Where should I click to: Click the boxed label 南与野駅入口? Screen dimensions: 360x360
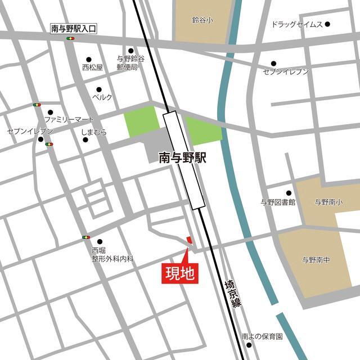coord(74,27)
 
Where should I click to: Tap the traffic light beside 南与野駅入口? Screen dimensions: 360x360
coord(71,38)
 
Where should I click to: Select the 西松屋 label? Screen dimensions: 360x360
coord(92,67)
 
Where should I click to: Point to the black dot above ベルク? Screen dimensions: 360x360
coord(99,89)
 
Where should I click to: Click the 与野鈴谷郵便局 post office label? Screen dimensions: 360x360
coord(130,62)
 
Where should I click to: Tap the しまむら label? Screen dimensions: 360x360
coord(94,133)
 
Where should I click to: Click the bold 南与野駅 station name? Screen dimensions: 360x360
coord(182,157)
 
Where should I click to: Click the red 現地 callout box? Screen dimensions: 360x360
coord(179,273)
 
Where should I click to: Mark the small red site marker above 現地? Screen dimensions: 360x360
coord(190,240)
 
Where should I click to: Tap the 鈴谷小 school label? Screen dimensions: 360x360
coord(202,20)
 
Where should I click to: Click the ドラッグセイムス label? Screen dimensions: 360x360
coord(296,25)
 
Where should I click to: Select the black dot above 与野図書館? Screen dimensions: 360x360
coord(289,192)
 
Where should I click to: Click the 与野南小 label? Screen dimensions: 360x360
coord(328,202)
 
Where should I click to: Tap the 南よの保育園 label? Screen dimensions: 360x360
coord(262,336)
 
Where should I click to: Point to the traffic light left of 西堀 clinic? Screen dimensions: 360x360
coord(86,237)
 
